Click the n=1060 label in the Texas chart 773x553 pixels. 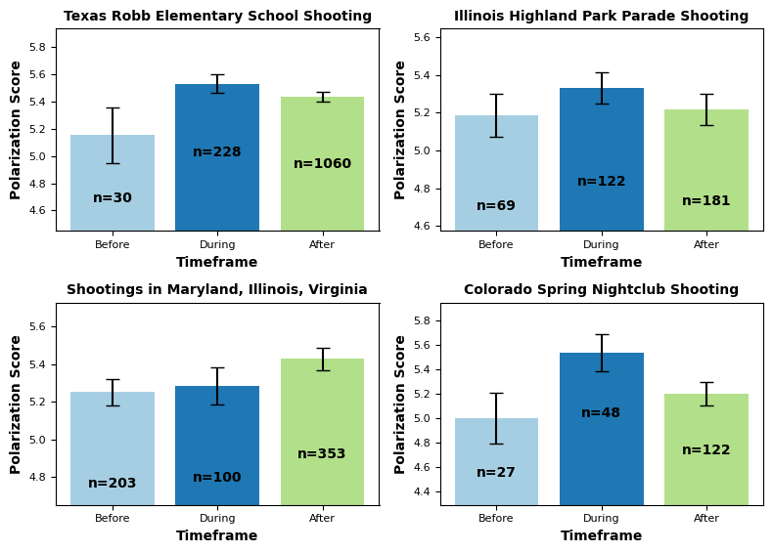pyautogui.click(x=322, y=164)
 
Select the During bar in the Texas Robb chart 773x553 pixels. pyautogui.click(x=217, y=186)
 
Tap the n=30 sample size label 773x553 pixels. pyautogui.click(x=113, y=198)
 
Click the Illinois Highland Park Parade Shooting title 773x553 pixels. pyautogui.click(x=601, y=17)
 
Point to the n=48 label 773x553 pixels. pyautogui.click(x=601, y=413)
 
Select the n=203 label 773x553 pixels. pyautogui.click(x=113, y=484)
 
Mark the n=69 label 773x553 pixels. pyautogui.click(x=496, y=206)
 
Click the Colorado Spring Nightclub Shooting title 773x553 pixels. pyautogui.click(x=601, y=290)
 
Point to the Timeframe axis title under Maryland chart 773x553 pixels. pyautogui.click(x=217, y=536)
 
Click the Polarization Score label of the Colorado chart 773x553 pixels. pyautogui.click(x=401, y=404)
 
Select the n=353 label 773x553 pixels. pyautogui.click(x=322, y=454)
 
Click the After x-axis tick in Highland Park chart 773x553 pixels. pyautogui.click(x=706, y=245)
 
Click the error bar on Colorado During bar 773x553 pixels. pyautogui.click(x=601, y=353)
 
